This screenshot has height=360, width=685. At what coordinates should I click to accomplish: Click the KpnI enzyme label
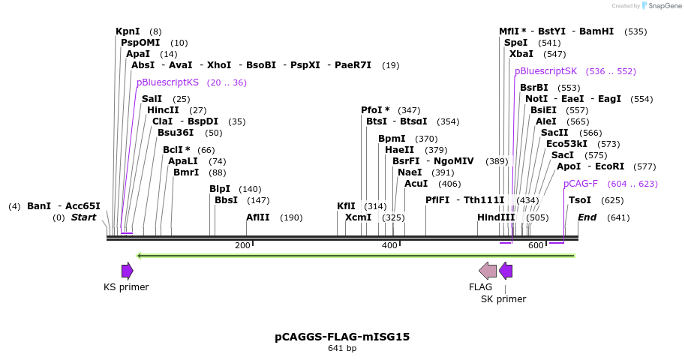(128, 31)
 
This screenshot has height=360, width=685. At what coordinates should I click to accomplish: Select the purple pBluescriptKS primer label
(167, 82)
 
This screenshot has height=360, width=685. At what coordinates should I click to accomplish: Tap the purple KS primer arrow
(128, 271)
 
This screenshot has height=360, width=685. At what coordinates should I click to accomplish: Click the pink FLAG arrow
(488, 271)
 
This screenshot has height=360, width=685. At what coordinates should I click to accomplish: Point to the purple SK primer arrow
(506, 271)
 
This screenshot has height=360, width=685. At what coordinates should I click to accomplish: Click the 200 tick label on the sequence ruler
(242, 246)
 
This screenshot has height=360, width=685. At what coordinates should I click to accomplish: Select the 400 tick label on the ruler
(389, 246)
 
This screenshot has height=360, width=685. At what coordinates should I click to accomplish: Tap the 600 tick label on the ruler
(536, 246)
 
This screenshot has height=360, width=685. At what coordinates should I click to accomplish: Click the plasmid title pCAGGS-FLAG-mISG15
(342, 337)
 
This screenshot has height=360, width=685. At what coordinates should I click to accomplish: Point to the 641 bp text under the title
(342, 349)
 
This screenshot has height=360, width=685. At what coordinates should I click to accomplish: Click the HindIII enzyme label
(496, 217)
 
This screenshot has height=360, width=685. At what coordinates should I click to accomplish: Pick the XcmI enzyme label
(358, 217)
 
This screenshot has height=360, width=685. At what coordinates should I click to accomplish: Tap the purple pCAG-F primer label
(581, 184)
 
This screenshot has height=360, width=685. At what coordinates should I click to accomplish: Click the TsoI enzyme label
(580, 200)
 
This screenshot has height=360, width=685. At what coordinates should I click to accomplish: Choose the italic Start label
(83, 217)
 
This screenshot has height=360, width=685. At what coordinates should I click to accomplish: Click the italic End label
(587, 217)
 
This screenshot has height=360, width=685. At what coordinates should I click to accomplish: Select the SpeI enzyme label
(516, 43)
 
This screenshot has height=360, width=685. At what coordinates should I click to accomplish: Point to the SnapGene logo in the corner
(657, 6)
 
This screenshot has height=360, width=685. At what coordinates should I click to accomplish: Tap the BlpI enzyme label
(220, 189)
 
